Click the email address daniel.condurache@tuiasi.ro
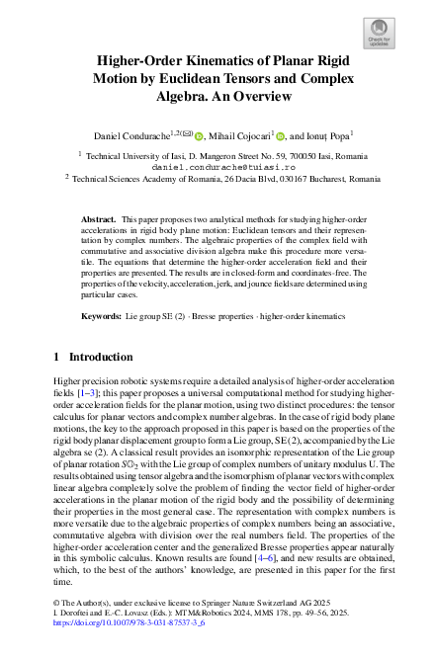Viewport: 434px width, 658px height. [217, 167]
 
